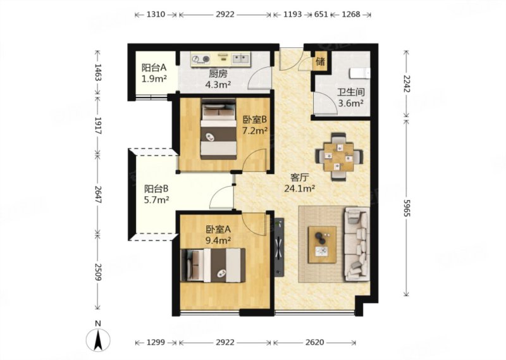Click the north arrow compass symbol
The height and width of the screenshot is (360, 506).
[98, 340]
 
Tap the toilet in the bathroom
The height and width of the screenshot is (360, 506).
[359, 73]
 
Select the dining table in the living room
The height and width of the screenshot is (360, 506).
[339, 157]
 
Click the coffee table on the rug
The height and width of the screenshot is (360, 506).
[322, 244]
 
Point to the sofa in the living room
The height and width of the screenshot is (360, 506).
[357, 244]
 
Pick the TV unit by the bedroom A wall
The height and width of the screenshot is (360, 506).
[279, 247]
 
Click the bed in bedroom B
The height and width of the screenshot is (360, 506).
[218, 129]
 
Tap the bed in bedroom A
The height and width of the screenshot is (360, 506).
[213, 265]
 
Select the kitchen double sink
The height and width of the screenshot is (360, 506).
[241, 59]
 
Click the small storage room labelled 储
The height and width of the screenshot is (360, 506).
[321, 61]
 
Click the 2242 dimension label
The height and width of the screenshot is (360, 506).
[407, 84]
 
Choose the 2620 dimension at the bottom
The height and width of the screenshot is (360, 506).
[314, 342]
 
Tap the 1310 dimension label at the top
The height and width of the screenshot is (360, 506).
[156, 15]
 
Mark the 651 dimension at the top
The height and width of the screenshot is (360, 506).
[321, 15]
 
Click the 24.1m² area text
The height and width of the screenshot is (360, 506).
[299, 189]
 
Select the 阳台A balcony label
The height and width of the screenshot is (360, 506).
[154, 68]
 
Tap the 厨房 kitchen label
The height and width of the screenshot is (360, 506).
[218, 74]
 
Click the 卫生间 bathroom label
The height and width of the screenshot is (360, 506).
[351, 92]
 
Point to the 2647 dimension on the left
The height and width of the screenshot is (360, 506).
[98, 194]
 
